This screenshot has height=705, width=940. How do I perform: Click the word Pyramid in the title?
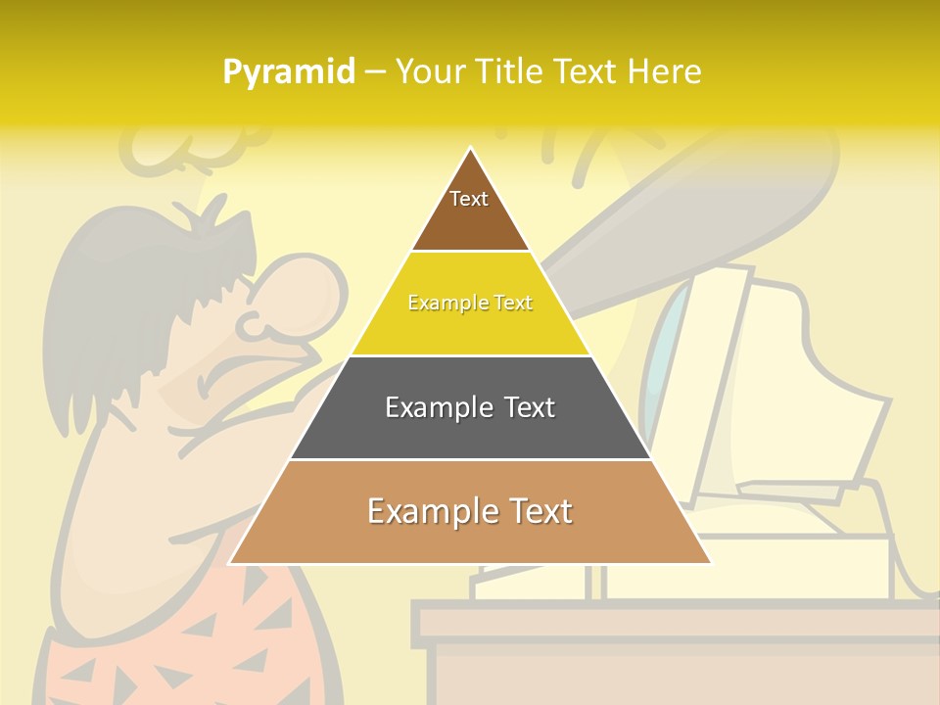pos(288,72)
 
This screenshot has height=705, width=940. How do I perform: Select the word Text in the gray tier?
pos(524,407)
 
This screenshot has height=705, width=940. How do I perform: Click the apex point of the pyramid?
pos(470,150)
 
